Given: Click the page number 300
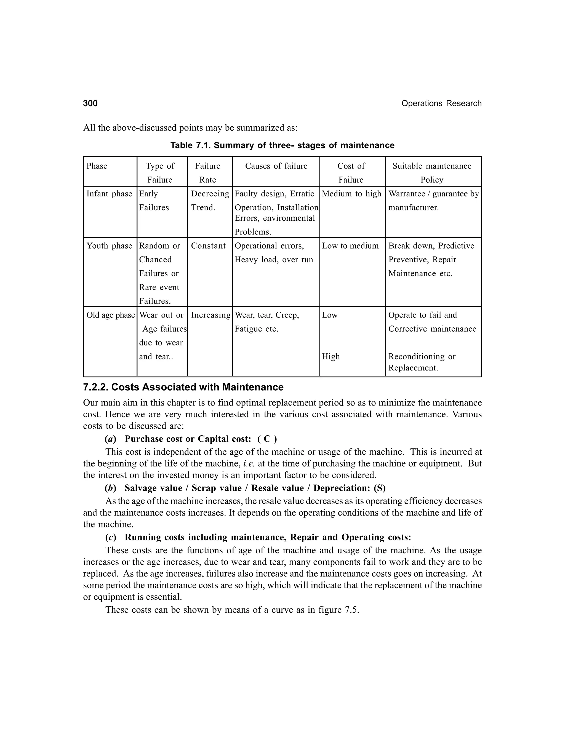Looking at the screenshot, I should [90, 103].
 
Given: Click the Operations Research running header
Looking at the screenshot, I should [441, 103].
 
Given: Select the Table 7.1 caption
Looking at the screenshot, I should [282, 145].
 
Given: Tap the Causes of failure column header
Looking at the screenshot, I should [276, 166].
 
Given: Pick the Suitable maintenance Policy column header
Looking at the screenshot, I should [432, 173].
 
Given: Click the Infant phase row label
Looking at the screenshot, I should [109, 194].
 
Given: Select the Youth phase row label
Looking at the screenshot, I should [109, 246].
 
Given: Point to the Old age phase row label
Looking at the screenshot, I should [110, 315].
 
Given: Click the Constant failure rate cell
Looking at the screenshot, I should [208, 246].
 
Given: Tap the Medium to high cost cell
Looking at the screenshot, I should [351, 194].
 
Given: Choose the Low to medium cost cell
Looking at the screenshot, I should [350, 246].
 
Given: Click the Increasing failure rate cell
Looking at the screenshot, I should [210, 315].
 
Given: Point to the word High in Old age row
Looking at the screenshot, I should [331, 356].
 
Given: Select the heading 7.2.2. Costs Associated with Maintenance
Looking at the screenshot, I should [183, 387].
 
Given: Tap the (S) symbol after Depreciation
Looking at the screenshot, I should [380, 488].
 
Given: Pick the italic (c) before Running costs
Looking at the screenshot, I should [110, 537].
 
